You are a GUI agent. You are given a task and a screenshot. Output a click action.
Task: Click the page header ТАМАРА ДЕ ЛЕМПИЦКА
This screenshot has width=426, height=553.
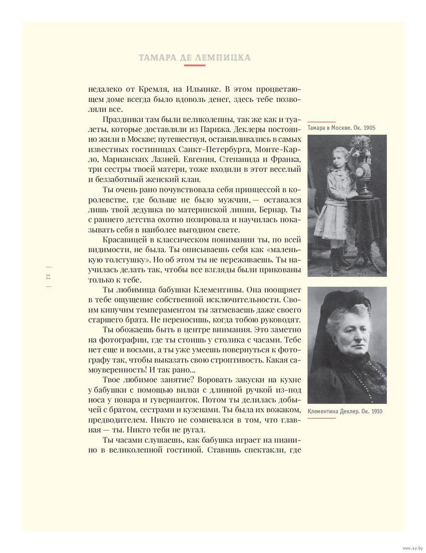pyautogui.click(x=195, y=58)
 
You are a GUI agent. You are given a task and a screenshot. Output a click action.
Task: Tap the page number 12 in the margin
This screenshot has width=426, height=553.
pyautogui.click(x=48, y=277)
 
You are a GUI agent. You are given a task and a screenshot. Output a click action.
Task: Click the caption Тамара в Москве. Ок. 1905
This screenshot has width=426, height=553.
pyautogui.click(x=342, y=128)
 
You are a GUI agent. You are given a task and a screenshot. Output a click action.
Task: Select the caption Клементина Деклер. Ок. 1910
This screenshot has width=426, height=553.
pyautogui.click(x=345, y=411)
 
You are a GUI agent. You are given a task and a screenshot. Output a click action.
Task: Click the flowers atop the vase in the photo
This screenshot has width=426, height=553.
pyautogui.click(x=363, y=147)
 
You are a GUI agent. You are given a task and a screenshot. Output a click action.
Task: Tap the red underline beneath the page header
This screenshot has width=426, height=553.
pyautogui.click(x=195, y=65)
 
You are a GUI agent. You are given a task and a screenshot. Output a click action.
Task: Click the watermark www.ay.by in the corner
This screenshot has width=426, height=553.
pyautogui.click(x=412, y=547)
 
